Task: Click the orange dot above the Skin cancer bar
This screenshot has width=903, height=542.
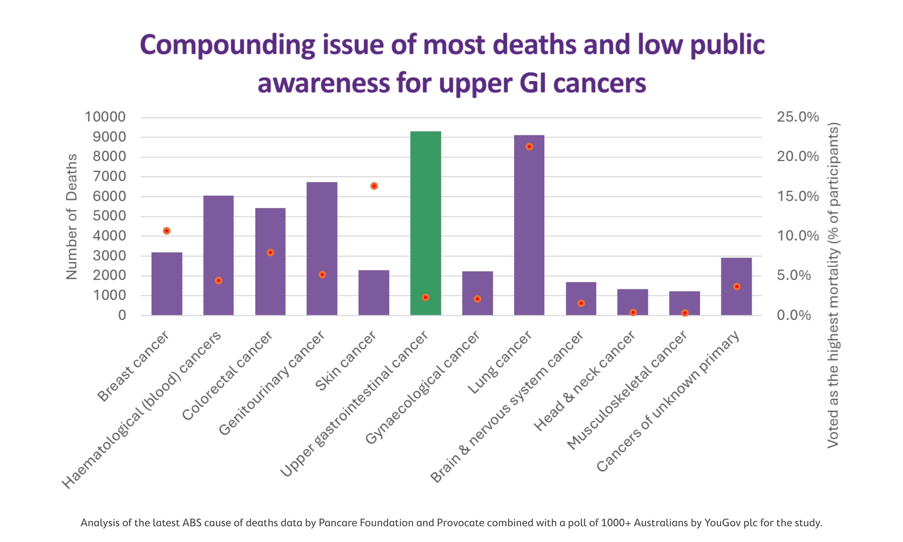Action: [x=374, y=186]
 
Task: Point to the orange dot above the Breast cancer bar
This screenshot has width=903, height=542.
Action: [x=167, y=231]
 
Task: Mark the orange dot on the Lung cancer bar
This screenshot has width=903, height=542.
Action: [x=529, y=147]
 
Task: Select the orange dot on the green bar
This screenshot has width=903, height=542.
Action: [x=425, y=297]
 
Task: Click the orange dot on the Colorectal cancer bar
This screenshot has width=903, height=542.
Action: [x=270, y=252]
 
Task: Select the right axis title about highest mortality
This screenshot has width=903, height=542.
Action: [x=833, y=285]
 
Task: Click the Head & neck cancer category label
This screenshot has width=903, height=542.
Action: [x=584, y=381]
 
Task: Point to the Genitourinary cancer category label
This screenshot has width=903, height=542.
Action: [x=271, y=383]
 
